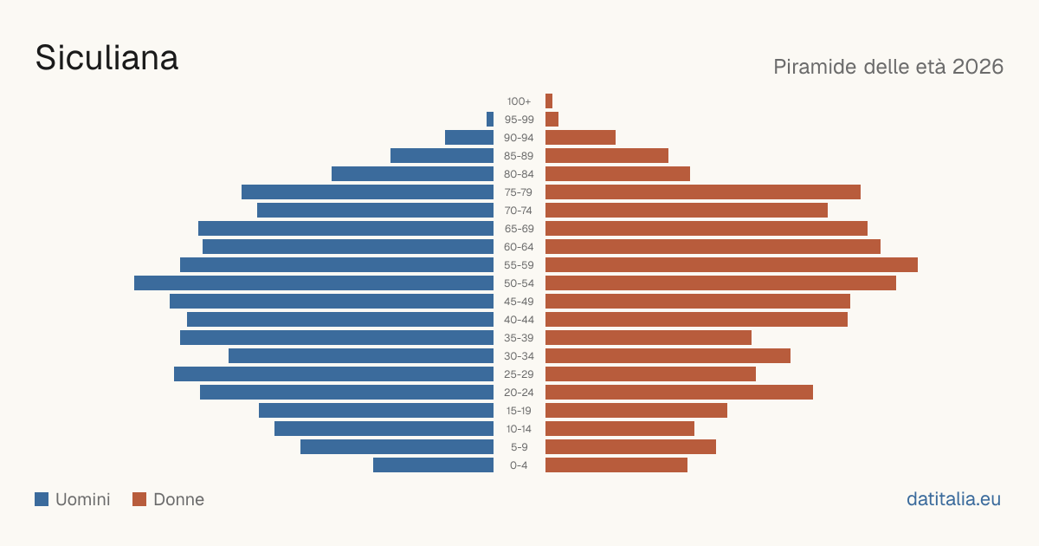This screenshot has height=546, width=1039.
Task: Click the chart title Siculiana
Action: pyautogui.click(x=106, y=58)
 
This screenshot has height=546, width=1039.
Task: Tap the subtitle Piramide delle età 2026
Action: pyautogui.click(x=888, y=67)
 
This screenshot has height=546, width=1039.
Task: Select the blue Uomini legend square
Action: pyautogui.click(x=42, y=499)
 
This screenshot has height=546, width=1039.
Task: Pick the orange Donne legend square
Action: pyautogui.click(x=139, y=499)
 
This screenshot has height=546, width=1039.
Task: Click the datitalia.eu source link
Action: pyautogui.click(x=953, y=499)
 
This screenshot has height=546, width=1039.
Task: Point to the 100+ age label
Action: pyautogui.click(x=519, y=101)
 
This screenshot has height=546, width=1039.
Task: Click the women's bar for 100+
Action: pyautogui.click(x=549, y=101)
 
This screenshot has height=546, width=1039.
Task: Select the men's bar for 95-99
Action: pyautogui.click(x=490, y=120)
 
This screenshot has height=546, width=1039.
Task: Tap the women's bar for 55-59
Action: pyautogui.click(x=732, y=264)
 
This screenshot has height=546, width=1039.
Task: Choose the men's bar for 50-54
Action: pyautogui.click(x=314, y=283)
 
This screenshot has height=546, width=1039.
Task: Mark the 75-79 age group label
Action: pyautogui.click(x=519, y=192)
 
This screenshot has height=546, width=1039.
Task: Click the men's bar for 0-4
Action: pyautogui.click(x=433, y=465)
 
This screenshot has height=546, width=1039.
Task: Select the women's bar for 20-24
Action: pyautogui.click(x=679, y=392)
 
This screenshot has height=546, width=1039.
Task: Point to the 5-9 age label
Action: pyautogui.click(x=519, y=446)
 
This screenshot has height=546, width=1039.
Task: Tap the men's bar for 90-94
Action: pyautogui.click(x=469, y=138)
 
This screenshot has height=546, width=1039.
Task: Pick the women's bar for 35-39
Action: pyautogui.click(x=649, y=337)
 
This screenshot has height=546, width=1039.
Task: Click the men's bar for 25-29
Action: pyautogui.click(x=334, y=374)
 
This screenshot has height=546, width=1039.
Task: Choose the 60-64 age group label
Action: pyautogui.click(x=519, y=246)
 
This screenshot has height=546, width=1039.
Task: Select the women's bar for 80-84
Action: pyautogui.click(x=618, y=173)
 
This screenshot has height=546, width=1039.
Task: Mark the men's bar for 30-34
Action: pyautogui.click(x=361, y=355)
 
